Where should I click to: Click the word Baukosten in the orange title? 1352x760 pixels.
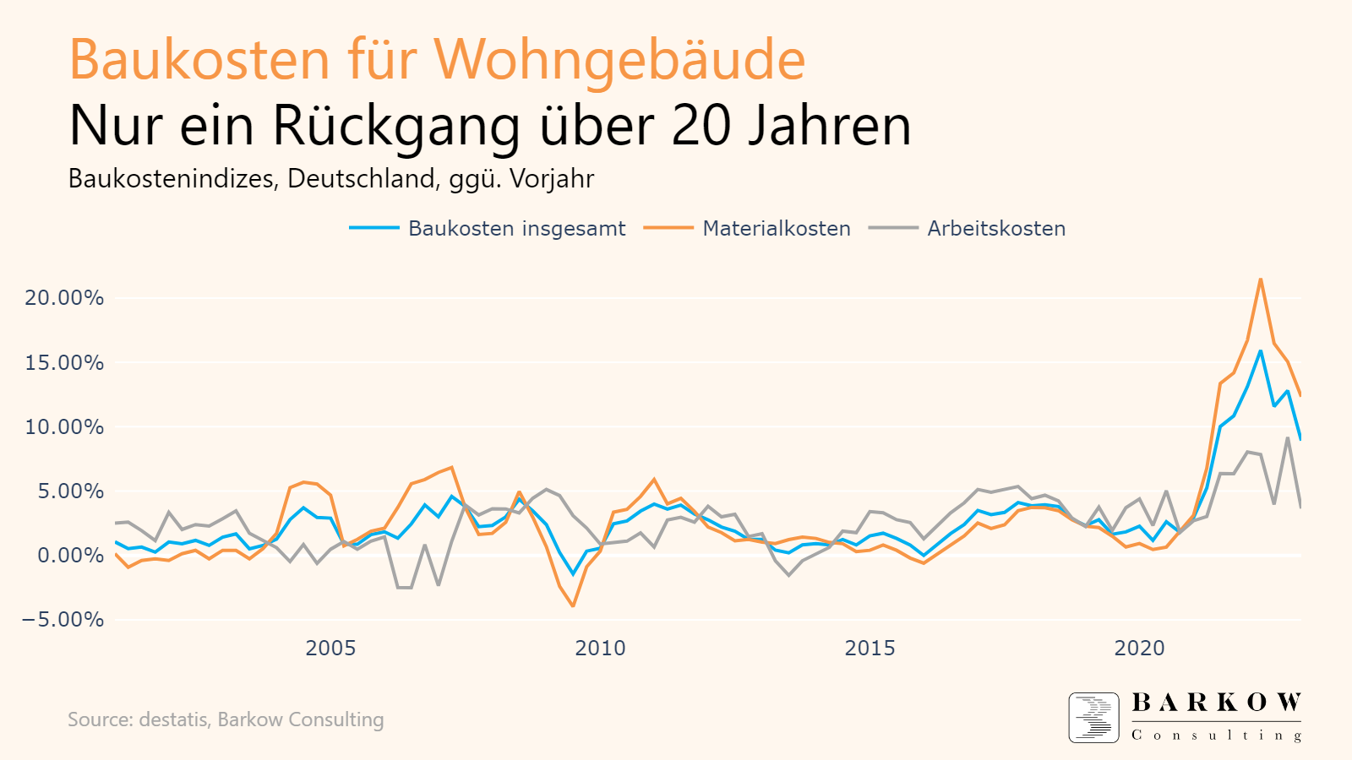199,59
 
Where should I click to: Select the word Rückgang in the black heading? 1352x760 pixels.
396,126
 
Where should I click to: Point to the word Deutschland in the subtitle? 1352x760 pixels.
363,179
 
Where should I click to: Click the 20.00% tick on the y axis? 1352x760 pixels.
64,298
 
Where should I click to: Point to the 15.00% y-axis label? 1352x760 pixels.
64,363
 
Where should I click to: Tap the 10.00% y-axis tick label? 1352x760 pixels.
64,427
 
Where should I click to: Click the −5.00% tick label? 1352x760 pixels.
63,620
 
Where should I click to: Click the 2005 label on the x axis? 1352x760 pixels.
330,649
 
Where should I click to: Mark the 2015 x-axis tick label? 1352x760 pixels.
870,649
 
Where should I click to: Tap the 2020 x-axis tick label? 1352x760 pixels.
1139,649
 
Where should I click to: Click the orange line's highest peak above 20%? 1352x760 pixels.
1260,280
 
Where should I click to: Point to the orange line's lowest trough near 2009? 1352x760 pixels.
573,605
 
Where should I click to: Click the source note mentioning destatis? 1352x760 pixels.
226,719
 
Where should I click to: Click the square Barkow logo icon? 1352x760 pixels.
1093,718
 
